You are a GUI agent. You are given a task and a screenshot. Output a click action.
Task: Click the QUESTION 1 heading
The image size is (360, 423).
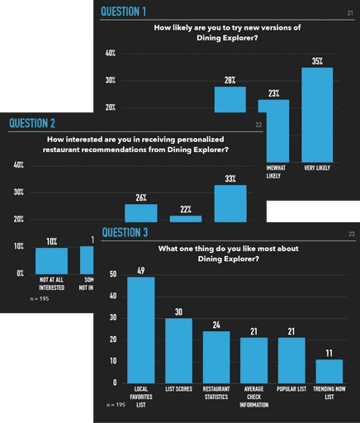tap(123, 12)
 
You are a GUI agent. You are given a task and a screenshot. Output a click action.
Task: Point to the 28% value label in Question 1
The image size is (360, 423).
tap(230, 80)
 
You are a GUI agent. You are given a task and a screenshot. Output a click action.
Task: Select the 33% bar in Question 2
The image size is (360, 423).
tap(230, 203)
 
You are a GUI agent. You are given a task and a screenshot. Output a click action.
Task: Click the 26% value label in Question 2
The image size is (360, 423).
tap(140, 197)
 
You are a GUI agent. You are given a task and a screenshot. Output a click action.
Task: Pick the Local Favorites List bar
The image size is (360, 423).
tap(140, 329)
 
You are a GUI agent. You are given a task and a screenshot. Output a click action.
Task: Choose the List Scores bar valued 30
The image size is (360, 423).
tap(178, 349)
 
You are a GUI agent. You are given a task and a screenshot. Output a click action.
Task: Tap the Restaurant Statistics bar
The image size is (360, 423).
tap(216, 356)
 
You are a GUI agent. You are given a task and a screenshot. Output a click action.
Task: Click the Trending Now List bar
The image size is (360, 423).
tap(329, 370)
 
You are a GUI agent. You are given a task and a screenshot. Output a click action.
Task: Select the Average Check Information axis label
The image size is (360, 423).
tap(253, 395)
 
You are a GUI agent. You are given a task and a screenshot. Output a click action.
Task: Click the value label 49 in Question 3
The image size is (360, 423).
tap(140, 269)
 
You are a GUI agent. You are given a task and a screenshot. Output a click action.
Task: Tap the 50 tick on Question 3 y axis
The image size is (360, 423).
tap(112, 274)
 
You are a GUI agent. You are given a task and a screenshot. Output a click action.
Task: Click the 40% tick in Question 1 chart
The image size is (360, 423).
tap(109, 54)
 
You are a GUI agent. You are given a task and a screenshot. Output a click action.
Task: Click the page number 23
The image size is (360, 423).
tap(351, 235)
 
